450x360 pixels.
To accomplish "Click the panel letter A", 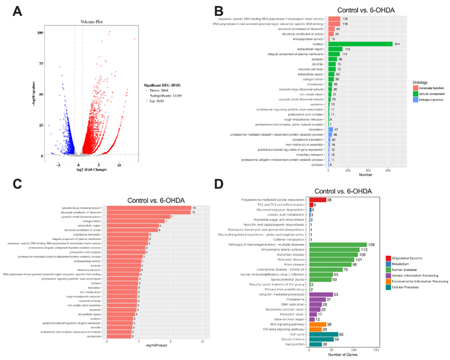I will tap(18, 11).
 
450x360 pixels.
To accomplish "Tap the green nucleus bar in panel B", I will tap(360, 44).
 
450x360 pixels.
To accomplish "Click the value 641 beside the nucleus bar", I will tap(397, 44).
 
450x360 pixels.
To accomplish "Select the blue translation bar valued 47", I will tap(332, 129).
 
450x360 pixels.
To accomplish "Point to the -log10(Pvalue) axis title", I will tap(156, 346).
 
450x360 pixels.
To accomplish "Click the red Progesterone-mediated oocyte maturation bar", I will tap(317, 199).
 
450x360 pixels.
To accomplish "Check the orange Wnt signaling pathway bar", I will tap(318, 308).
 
